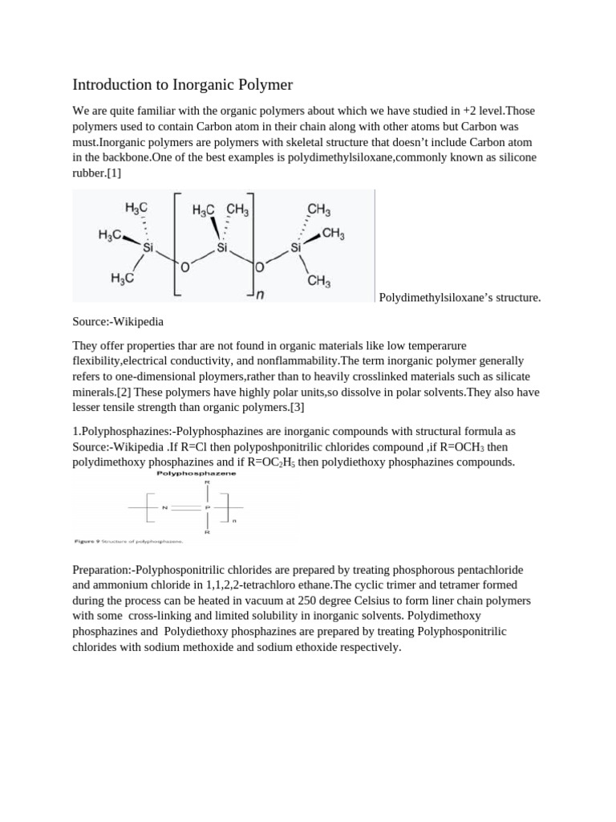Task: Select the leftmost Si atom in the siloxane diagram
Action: tap(148, 248)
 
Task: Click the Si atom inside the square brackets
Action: tap(222, 248)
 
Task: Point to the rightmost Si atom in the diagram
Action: tap(296, 248)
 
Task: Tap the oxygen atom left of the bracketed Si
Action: tap(184, 267)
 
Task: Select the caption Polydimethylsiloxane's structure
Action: tap(460, 298)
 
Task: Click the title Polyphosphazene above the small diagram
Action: tap(190, 474)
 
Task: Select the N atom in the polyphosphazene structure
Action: tap(164, 507)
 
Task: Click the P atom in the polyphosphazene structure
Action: tap(207, 507)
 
